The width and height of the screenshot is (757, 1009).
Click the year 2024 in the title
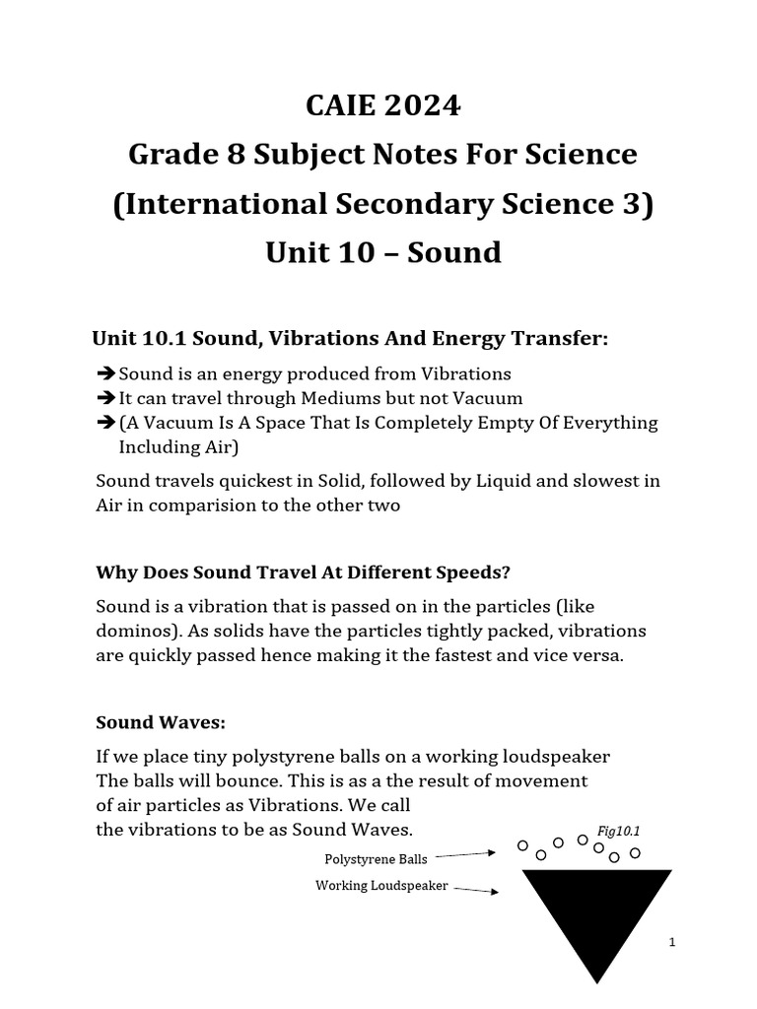coord(421,105)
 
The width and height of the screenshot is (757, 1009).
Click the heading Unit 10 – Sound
coord(383,253)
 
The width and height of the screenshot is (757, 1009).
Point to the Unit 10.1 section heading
coord(350,339)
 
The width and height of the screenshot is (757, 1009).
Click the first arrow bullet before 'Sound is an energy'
coord(106,374)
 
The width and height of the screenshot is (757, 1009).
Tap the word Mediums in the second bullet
coord(404,398)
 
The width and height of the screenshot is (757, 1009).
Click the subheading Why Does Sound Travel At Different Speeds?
coord(303,572)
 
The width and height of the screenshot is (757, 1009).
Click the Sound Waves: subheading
coord(161,722)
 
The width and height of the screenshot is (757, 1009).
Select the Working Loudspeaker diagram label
coord(381,886)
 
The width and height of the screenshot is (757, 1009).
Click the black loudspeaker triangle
coord(596,911)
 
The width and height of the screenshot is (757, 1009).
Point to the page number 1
coord(671,943)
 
